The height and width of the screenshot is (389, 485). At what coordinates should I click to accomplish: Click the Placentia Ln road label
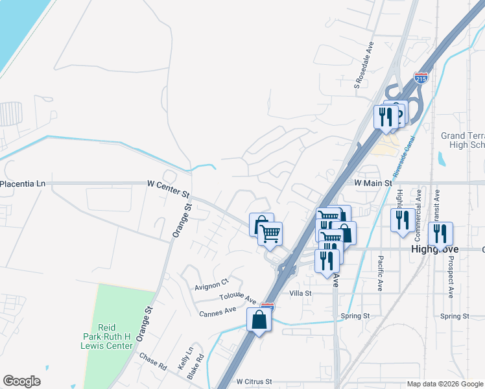point(23,184)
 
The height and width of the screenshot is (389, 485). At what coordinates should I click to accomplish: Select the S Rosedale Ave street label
point(364,65)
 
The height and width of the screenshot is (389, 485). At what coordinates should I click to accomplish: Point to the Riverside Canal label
point(407,154)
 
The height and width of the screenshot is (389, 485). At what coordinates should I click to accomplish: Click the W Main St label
point(373,183)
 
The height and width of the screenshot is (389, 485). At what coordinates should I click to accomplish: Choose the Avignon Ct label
point(212,283)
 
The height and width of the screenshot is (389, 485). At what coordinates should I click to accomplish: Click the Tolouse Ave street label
point(238,296)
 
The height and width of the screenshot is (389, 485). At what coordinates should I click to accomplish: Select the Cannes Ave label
point(218,311)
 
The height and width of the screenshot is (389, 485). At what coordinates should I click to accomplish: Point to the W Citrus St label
point(254,383)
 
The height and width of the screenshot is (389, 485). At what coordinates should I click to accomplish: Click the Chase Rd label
point(152,361)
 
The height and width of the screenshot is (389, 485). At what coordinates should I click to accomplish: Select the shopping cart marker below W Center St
point(270,233)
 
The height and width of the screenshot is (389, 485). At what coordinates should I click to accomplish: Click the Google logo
point(22,381)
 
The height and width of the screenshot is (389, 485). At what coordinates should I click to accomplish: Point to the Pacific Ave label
point(381,273)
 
